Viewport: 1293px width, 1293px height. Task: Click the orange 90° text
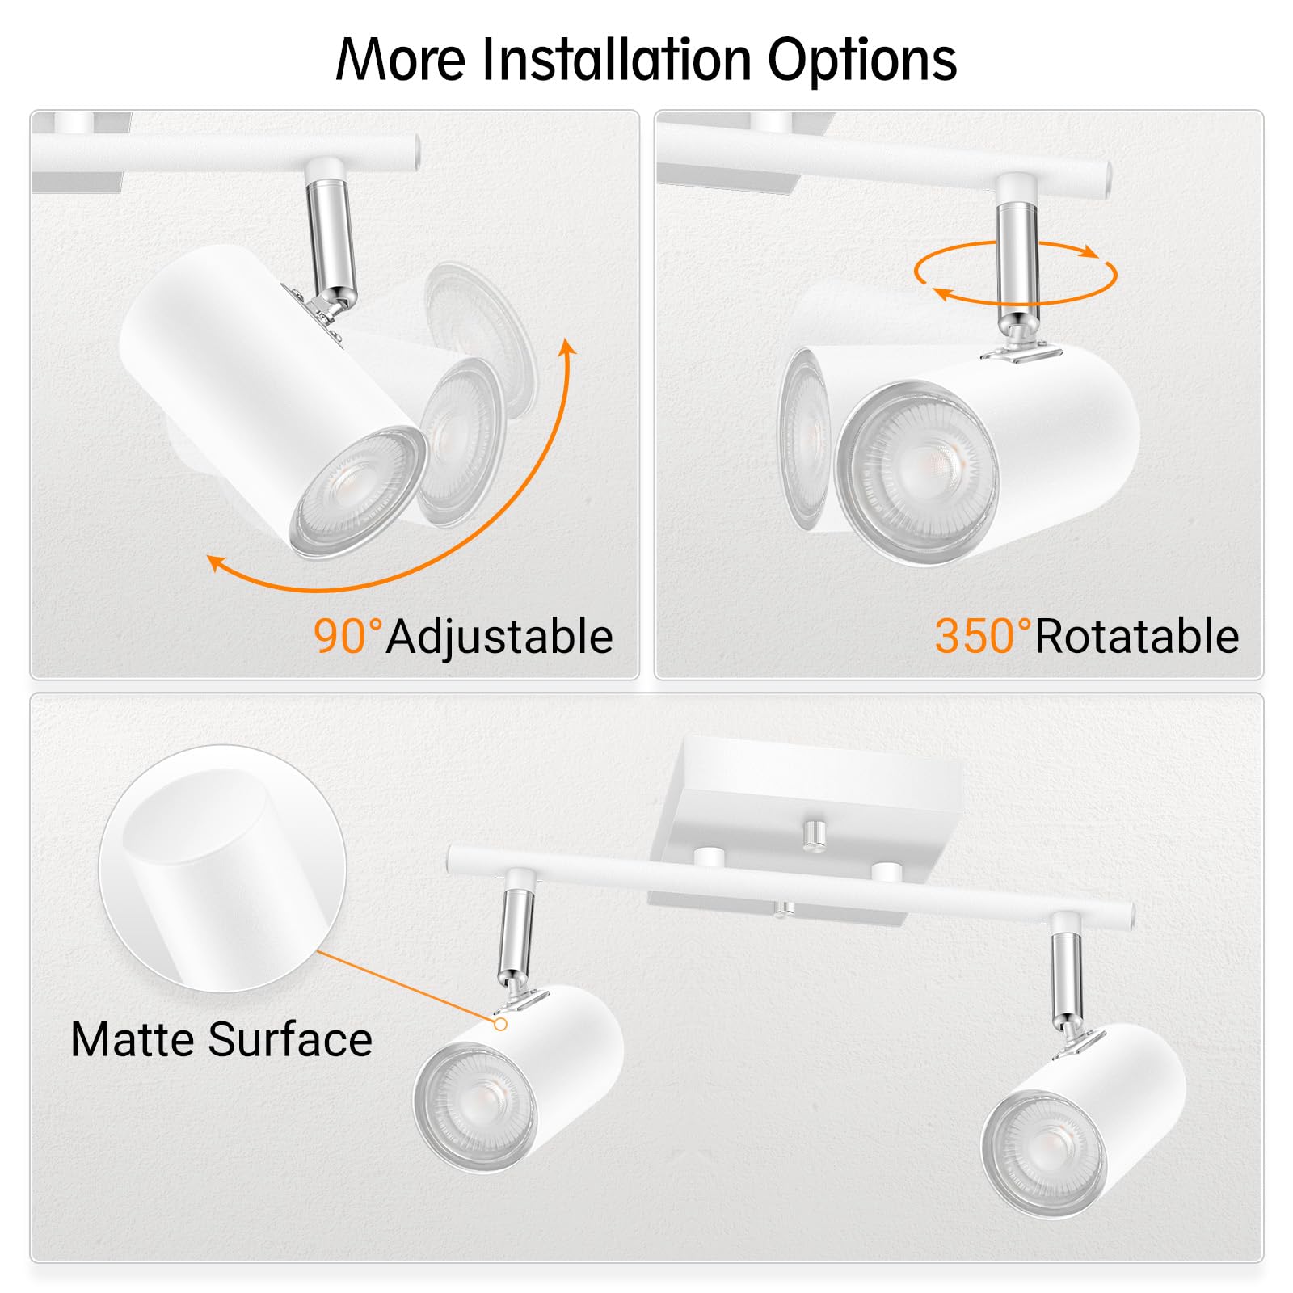[347, 636]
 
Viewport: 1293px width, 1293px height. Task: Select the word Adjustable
[499, 638]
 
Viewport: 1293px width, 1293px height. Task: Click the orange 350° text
[983, 636]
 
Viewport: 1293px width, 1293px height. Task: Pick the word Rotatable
[1136, 636]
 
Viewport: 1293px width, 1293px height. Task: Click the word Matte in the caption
[133, 1039]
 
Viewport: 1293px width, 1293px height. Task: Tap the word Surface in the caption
[290, 1039]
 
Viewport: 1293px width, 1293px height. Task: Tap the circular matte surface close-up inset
[222, 869]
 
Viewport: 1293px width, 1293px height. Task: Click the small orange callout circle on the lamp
[501, 1024]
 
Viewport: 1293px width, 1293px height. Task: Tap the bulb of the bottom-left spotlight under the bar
[475, 1108]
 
